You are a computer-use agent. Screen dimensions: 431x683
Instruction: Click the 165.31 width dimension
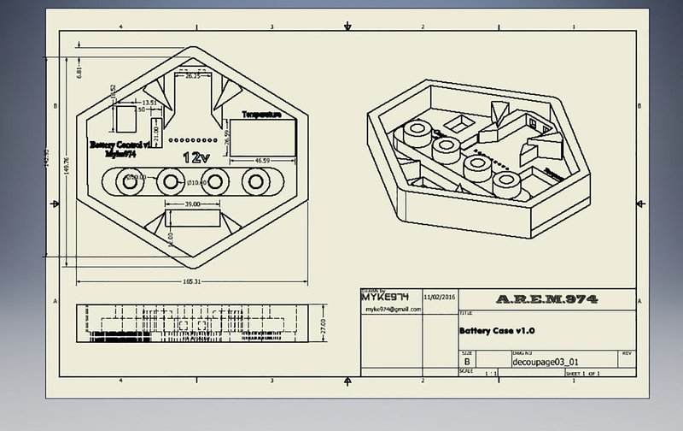[x=192, y=280]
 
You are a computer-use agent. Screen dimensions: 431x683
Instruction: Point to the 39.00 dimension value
[x=192, y=204]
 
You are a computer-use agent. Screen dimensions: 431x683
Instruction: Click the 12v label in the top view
[x=196, y=157]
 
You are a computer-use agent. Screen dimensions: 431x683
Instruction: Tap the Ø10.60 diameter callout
[x=198, y=182]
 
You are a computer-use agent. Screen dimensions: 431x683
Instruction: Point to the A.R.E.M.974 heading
[x=546, y=299]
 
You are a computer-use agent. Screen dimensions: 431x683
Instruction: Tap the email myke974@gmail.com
[x=392, y=309]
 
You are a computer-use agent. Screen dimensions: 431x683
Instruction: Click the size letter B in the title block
[x=466, y=362]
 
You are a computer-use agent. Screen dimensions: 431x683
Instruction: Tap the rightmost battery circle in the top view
[x=254, y=182]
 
